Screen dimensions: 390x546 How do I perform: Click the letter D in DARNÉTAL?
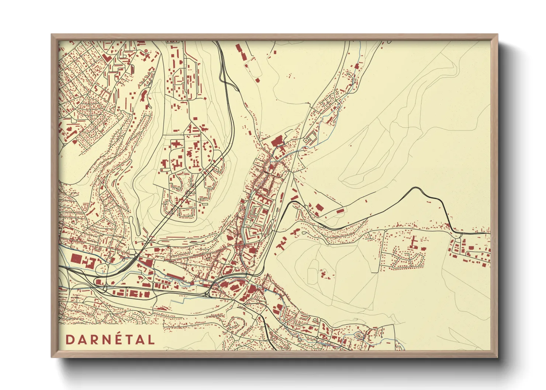tap(69, 339)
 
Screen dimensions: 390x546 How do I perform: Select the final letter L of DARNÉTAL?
tap(151, 339)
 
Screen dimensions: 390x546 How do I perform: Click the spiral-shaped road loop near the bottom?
tap(235, 325)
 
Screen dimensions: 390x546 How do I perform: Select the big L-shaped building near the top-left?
tap(107, 58)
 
